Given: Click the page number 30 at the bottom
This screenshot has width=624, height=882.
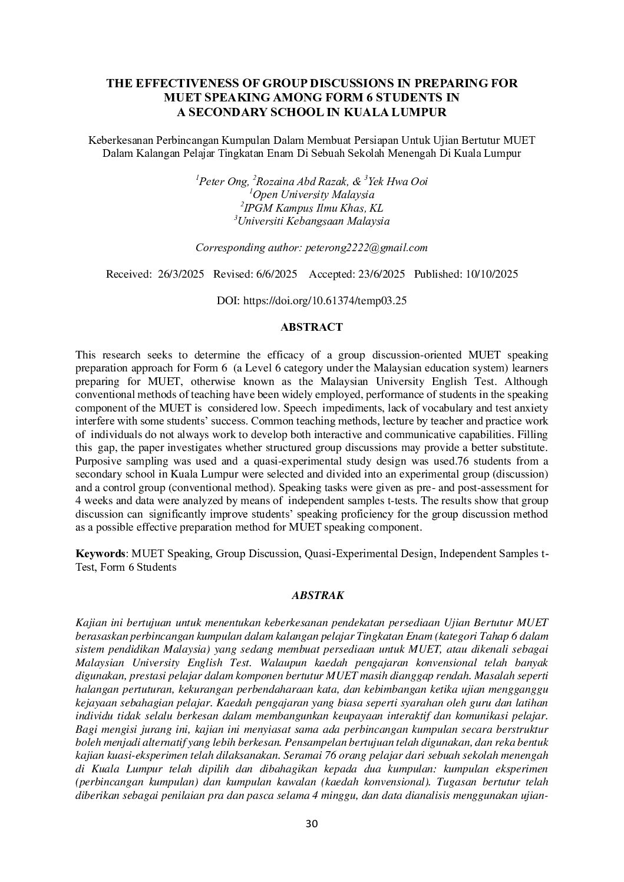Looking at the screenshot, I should point(312,824).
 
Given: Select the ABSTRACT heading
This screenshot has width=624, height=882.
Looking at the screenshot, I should point(311,327).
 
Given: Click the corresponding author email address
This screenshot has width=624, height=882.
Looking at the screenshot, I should point(366,248).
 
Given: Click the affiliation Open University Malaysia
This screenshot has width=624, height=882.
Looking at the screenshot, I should point(313,195).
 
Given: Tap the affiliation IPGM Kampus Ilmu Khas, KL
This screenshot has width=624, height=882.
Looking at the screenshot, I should point(313,208).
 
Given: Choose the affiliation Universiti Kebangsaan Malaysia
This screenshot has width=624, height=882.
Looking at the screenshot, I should point(313,222).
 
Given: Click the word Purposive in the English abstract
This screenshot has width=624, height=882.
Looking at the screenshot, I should point(97,460).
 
